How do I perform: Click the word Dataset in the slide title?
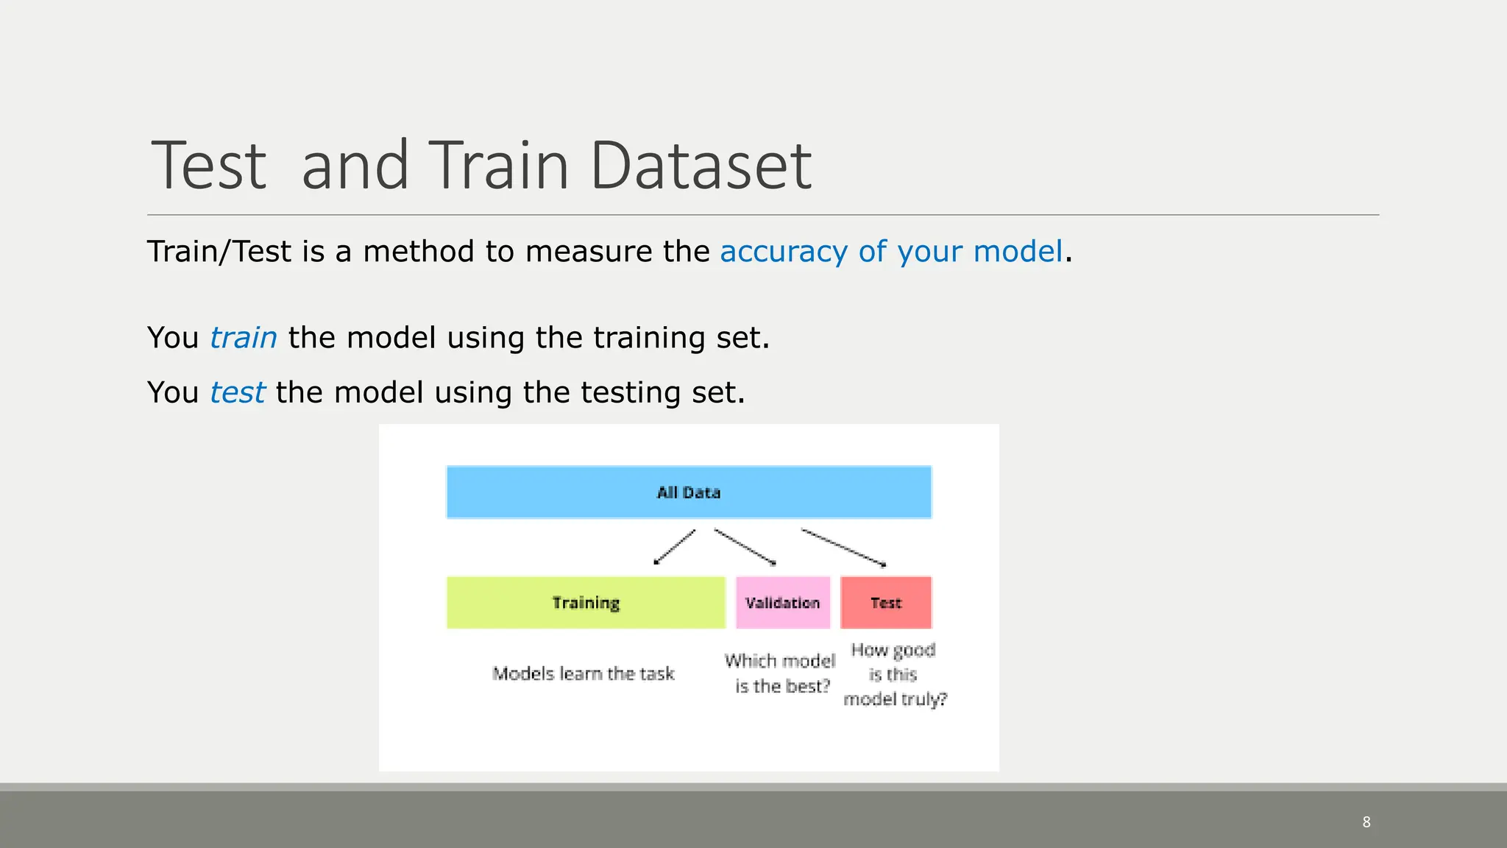click(701, 166)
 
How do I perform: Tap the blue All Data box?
click(689, 492)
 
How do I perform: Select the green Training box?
click(586, 602)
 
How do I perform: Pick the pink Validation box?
click(783, 602)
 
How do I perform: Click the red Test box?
click(886, 602)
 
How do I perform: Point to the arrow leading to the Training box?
click(675, 547)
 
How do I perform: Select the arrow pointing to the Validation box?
click(745, 547)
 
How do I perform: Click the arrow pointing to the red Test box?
click(843, 548)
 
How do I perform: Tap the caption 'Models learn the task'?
click(584, 674)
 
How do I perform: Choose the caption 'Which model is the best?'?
click(781, 674)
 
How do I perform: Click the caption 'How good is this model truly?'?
click(895, 674)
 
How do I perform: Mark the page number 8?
click(1366, 822)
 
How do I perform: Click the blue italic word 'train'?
click(244, 338)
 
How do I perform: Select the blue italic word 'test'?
click(237, 392)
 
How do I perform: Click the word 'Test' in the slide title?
click(209, 166)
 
